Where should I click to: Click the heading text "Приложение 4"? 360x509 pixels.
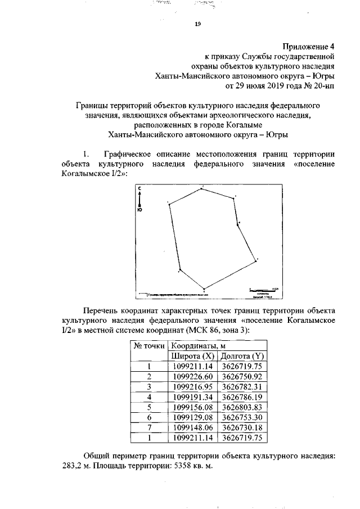[309, 46]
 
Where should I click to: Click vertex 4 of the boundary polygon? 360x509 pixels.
[238, 224]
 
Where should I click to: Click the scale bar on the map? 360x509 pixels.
[262, 290]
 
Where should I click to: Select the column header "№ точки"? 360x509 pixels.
[149, 346]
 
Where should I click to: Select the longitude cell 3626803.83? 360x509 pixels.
[242, 407]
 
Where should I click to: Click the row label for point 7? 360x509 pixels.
[150, 427]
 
